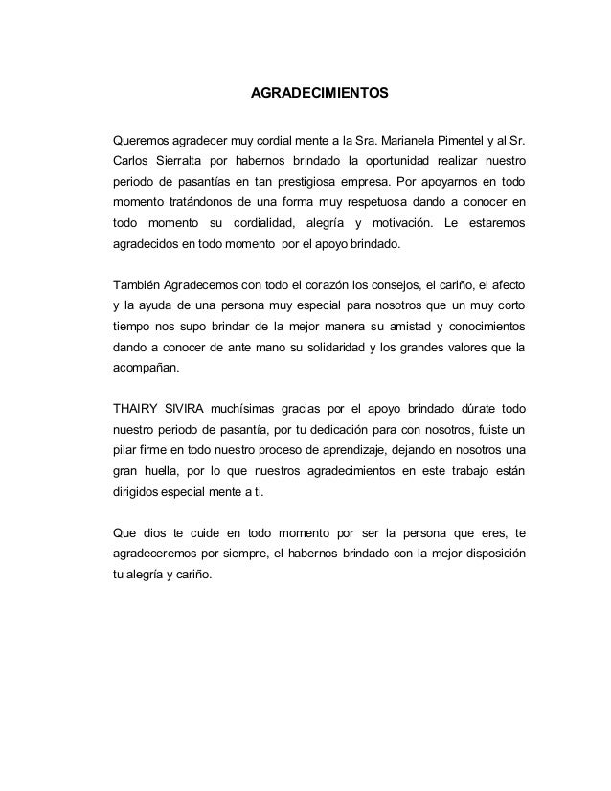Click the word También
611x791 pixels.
coord(136,285)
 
